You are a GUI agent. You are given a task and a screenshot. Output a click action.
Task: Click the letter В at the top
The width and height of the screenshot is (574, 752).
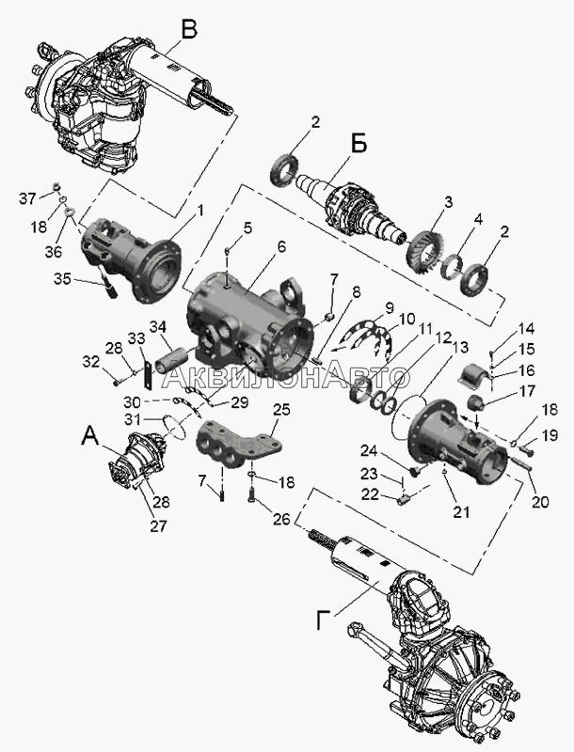pyautogui.click(x=190, y=29)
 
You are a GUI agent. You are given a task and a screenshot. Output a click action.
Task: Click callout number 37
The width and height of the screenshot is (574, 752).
pyautogui.click(x=29, y=197)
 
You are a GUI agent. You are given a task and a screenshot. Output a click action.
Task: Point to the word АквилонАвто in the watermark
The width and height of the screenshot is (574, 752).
pyautogui.click(x=286, y=377)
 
